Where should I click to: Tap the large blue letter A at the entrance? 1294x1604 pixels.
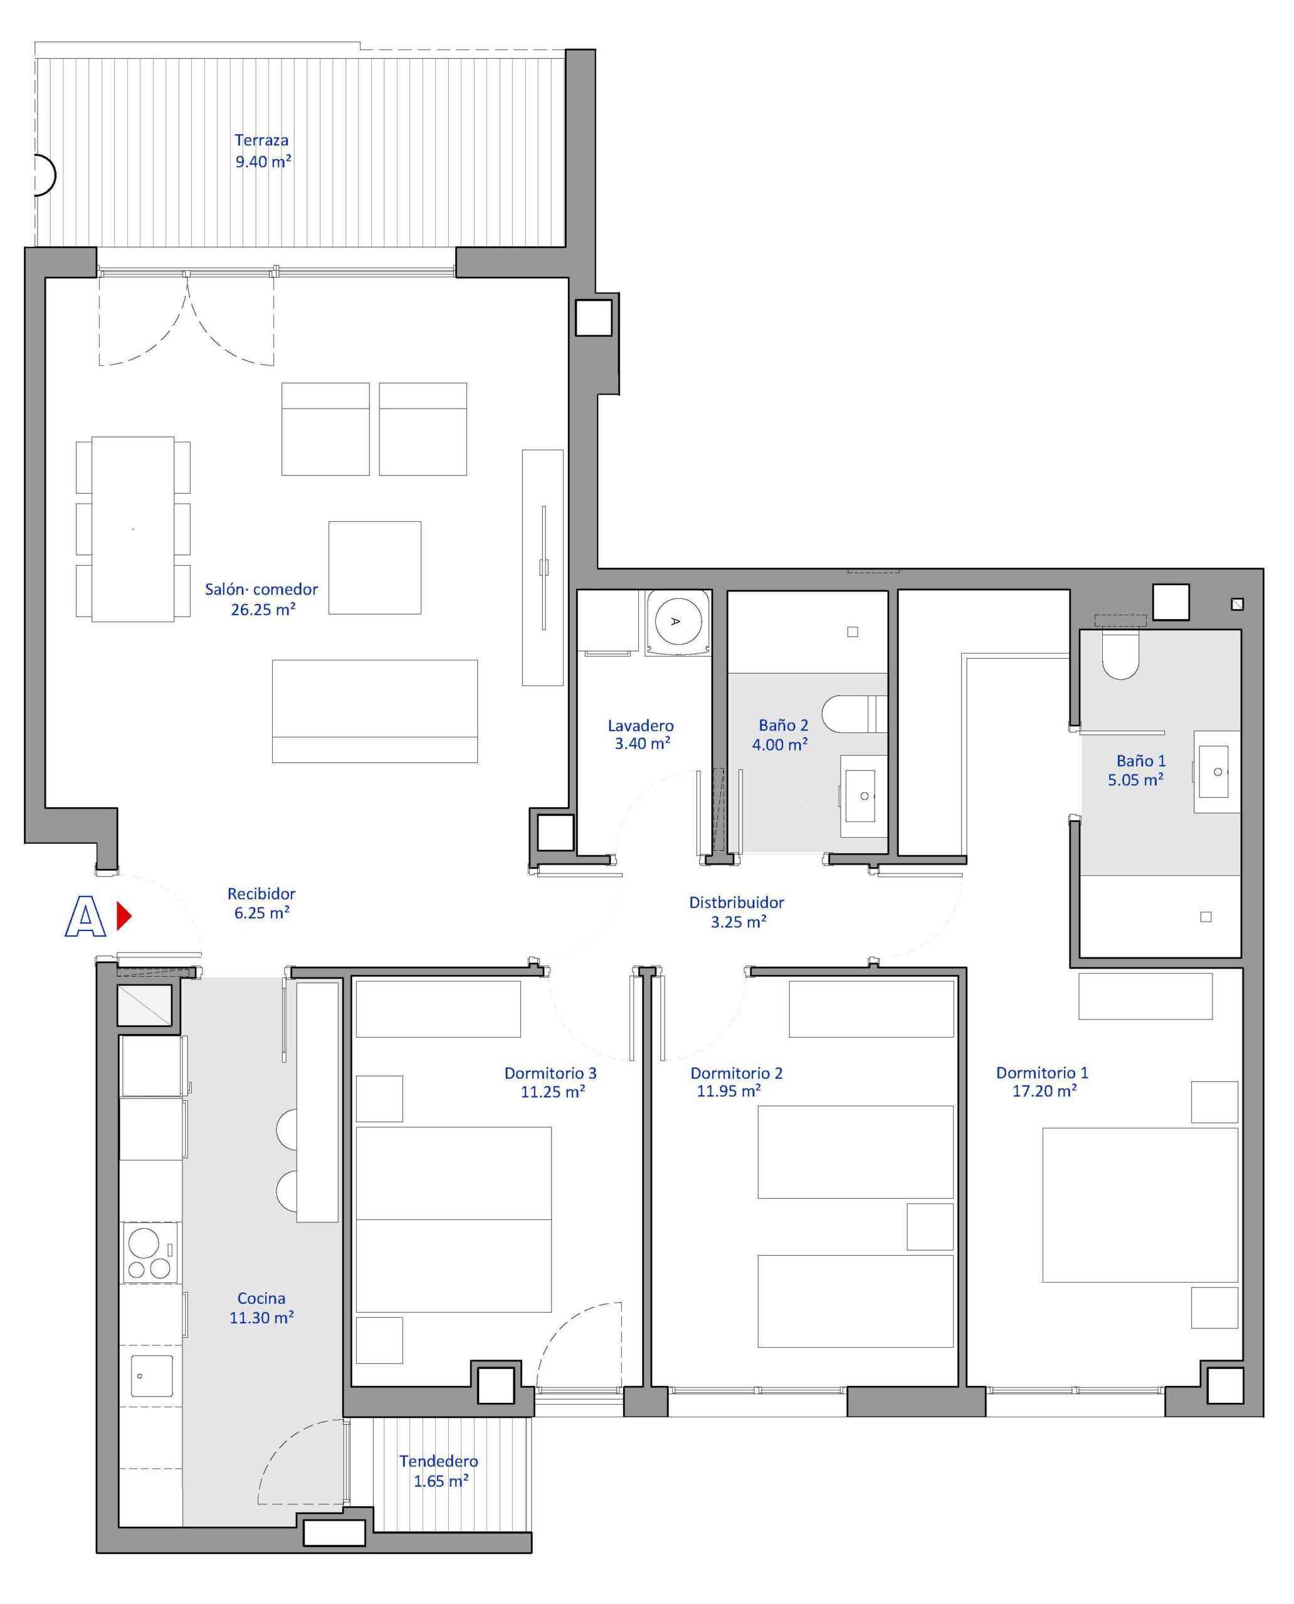(x=86, y=917)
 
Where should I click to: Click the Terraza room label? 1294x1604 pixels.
(x=261, y=140)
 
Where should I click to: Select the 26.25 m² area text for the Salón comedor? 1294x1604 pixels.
(x=263, y=610)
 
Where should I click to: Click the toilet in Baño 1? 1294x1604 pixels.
(x=1120, y=655)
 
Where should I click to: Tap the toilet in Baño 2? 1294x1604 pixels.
(x=855, y=714)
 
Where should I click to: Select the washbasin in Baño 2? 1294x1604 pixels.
(x=863, y=796)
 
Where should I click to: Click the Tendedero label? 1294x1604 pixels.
(x=438, y=1461)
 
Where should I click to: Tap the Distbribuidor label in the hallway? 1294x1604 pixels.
(x=737, y=902)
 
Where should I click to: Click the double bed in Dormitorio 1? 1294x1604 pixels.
(x=1140, y=1205)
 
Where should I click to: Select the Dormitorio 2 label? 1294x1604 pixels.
(x=737, y=1073)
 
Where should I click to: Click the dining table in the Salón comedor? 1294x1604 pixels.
(x=134, y=529)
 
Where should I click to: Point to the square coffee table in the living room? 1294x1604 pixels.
(x=375, y=568)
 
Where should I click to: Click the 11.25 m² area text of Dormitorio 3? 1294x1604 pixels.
(x=553, y=1091)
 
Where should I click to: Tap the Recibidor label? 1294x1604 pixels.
(x=261, y=893)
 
